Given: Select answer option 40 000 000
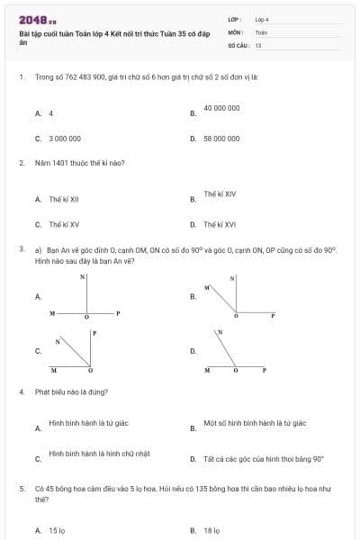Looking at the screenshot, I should [x=221, y=108].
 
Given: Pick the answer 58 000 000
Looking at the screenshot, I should [x=221, y=139].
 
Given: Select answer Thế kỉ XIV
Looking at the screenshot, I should [x=220, y=193].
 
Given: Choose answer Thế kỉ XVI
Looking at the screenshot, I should [x=220, y=224].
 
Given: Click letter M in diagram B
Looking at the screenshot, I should [x=205, y=287].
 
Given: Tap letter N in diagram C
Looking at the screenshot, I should [x=58, y=341].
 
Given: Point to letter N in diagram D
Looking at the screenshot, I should [x=219, y=332].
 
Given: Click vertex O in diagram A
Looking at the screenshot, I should [x=86, y=318].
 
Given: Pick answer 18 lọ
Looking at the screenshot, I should [x=212, y=530].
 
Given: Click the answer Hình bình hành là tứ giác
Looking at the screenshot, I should [x=89, y=422].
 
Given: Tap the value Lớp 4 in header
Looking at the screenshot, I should [x=262, y=19].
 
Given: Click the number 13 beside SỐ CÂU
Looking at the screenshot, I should [x=258, y=44].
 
